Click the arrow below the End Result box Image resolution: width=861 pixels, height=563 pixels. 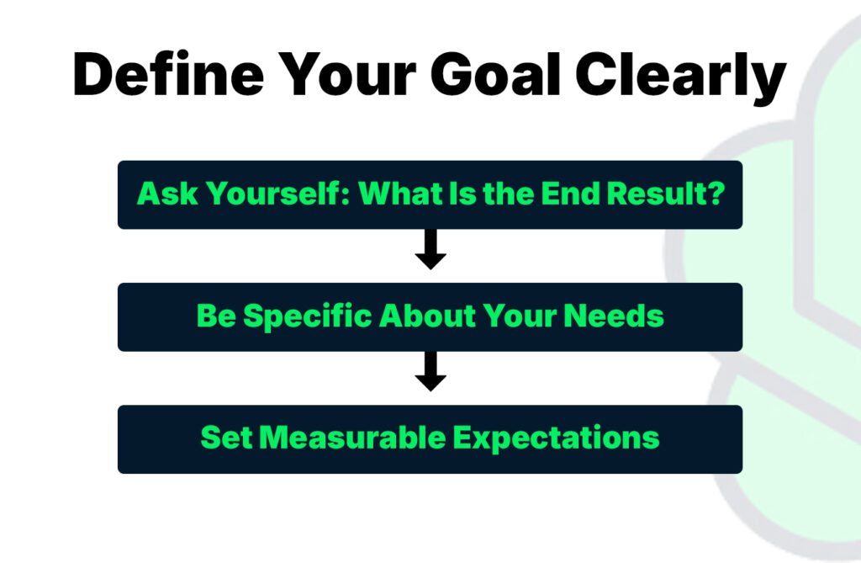point(430,250)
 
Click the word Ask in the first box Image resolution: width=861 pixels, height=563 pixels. point(162,194)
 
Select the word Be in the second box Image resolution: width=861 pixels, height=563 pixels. point(213,316)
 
